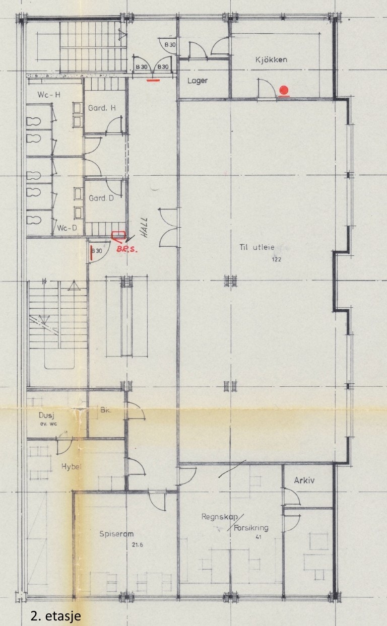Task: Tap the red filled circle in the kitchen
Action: point(284,90)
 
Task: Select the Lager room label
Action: point(198,81)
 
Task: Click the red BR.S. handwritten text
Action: point(126,249)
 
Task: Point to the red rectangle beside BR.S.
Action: point(118,235)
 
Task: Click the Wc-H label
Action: point(49,95)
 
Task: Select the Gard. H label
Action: point(102,108)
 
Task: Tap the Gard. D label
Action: point(101,198)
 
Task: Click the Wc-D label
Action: point(68,228)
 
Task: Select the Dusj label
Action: point(46,415)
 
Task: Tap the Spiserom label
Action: point(116,533)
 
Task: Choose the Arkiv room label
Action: point(304,480)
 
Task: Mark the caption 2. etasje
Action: point(55,615)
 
